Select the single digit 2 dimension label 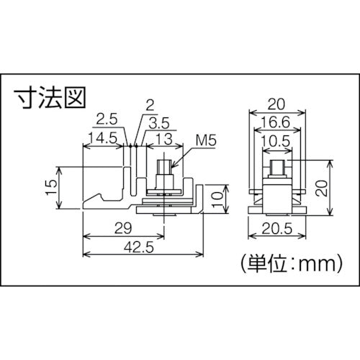point(148,105)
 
